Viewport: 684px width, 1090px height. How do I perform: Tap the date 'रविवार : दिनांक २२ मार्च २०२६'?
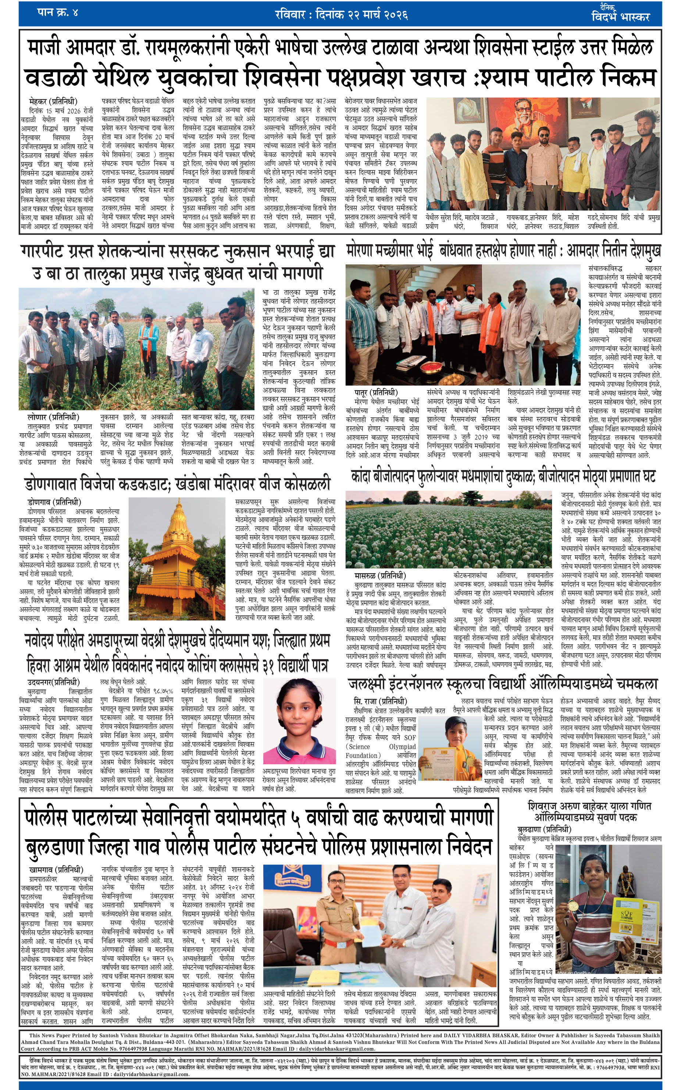pos(342,15)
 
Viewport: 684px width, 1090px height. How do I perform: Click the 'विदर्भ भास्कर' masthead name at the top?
pos(620,17)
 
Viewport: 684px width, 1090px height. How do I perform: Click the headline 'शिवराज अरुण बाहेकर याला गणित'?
pos(589,805)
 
